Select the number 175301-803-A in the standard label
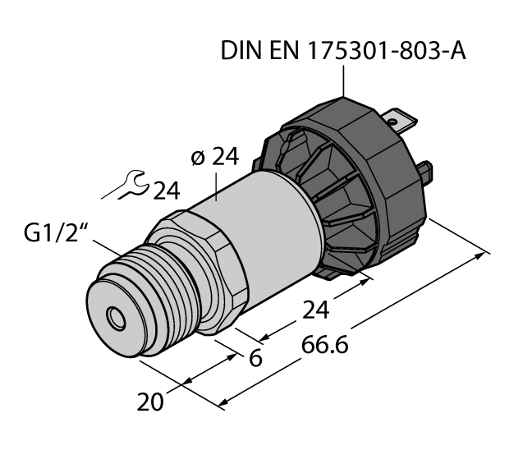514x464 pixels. point(383,50)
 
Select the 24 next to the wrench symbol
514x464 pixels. point(167,191)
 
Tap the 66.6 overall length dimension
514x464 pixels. point(324,345)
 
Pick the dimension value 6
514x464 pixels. point(255,359)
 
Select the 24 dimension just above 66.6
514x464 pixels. point(316,310)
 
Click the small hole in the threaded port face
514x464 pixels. point(114,315)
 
